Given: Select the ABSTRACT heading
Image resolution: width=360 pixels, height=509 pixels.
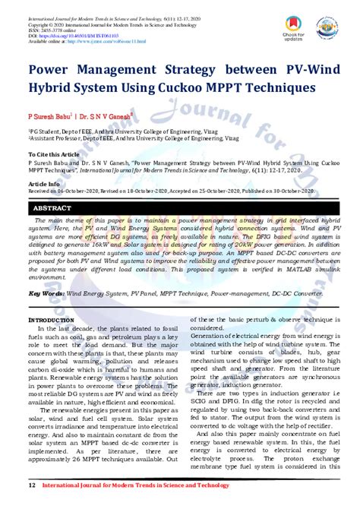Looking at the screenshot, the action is [x=53, y=207].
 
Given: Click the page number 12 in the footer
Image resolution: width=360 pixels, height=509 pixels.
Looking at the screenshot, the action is [x=32, y=484].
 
